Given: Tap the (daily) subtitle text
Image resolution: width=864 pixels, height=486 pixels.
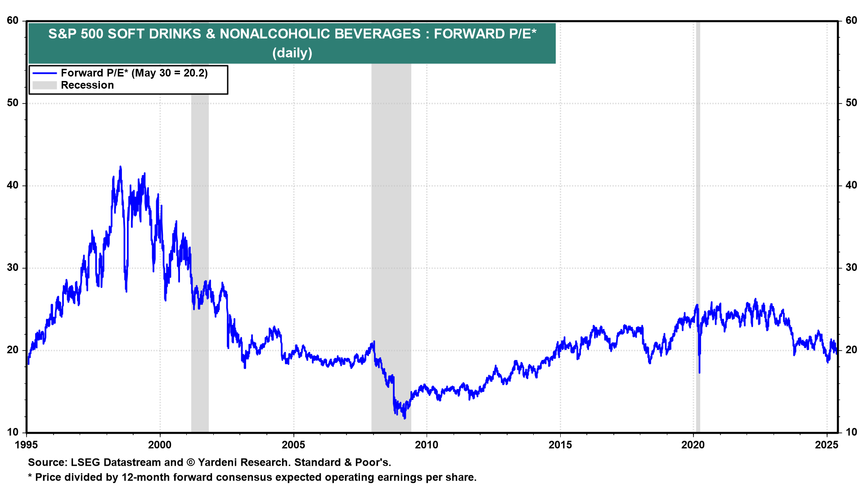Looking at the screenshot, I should (x=292, y=53).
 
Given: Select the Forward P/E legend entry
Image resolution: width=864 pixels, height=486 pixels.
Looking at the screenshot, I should (x=134, y=73).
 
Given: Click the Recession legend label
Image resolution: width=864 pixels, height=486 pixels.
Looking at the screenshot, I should (x=87, y=85).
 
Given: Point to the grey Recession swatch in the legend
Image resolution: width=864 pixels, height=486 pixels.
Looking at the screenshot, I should (x=45, y=85).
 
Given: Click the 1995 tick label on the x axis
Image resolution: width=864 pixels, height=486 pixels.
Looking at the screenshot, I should (x=27, y=445).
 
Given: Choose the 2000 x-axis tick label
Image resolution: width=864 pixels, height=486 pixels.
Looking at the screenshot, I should (x=160, y=445).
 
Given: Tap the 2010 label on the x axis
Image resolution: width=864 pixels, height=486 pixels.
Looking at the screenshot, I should (x=427, y=445).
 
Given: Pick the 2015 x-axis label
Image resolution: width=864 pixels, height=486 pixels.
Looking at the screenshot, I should (x=560, y=445).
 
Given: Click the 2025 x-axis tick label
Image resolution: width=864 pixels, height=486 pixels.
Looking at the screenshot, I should (x=827, y=445).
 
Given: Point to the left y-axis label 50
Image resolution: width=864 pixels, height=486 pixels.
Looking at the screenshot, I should (x=13, y=103).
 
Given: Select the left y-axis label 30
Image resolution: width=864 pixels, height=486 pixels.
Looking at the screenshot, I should (x=13, y=268).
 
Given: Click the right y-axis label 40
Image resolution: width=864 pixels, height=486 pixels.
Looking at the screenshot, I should (x=851, y=185).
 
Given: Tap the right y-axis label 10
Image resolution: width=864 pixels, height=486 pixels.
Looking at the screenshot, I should (x=851, y=432).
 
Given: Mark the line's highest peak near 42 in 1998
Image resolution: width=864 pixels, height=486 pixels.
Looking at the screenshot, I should (x=120, y=167).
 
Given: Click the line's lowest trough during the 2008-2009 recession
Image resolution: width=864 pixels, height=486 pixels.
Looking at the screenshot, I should (x=405, y=418).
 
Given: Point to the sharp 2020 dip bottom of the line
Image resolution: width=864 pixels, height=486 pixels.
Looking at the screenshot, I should (x=699, y=372).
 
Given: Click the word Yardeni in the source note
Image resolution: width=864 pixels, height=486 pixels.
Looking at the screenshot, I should (x=217, y=463).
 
